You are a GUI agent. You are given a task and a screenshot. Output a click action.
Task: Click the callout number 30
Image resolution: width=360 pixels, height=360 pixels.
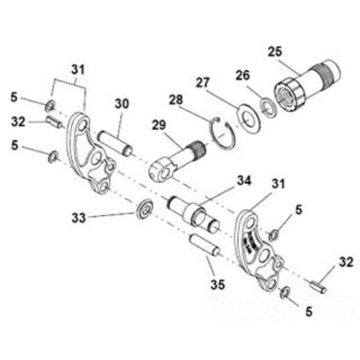click(121, 104)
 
